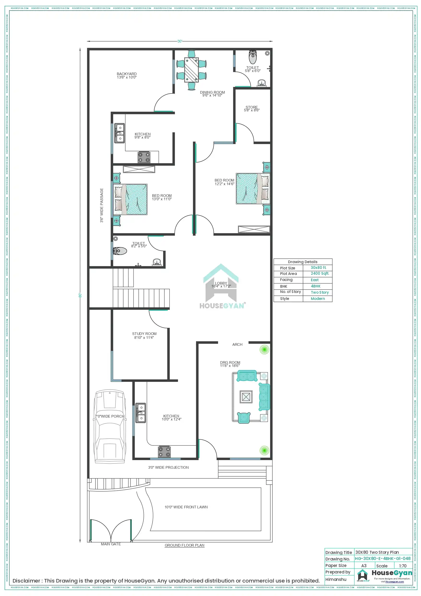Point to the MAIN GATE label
click(x=111, y=544)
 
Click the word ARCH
click(x=237, y=345)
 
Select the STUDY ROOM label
click(x=144, y=334)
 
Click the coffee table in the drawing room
click(x=246, y=397)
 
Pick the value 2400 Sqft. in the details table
click(x=320, y=273)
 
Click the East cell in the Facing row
click(x=315, y=280)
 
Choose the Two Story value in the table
click(x=320, y=292)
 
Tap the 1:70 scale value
click(x=403, y=566)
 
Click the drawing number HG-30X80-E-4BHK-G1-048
click(x=383, y=558)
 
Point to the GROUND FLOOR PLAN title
click(x=184, y=545)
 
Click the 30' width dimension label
click(x=180, y=41)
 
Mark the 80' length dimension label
click(x=80, y=295)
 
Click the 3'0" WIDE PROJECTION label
click(x=168, y=468)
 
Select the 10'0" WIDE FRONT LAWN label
click(x=186, y=507)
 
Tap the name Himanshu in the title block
click(x=336, y=579)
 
